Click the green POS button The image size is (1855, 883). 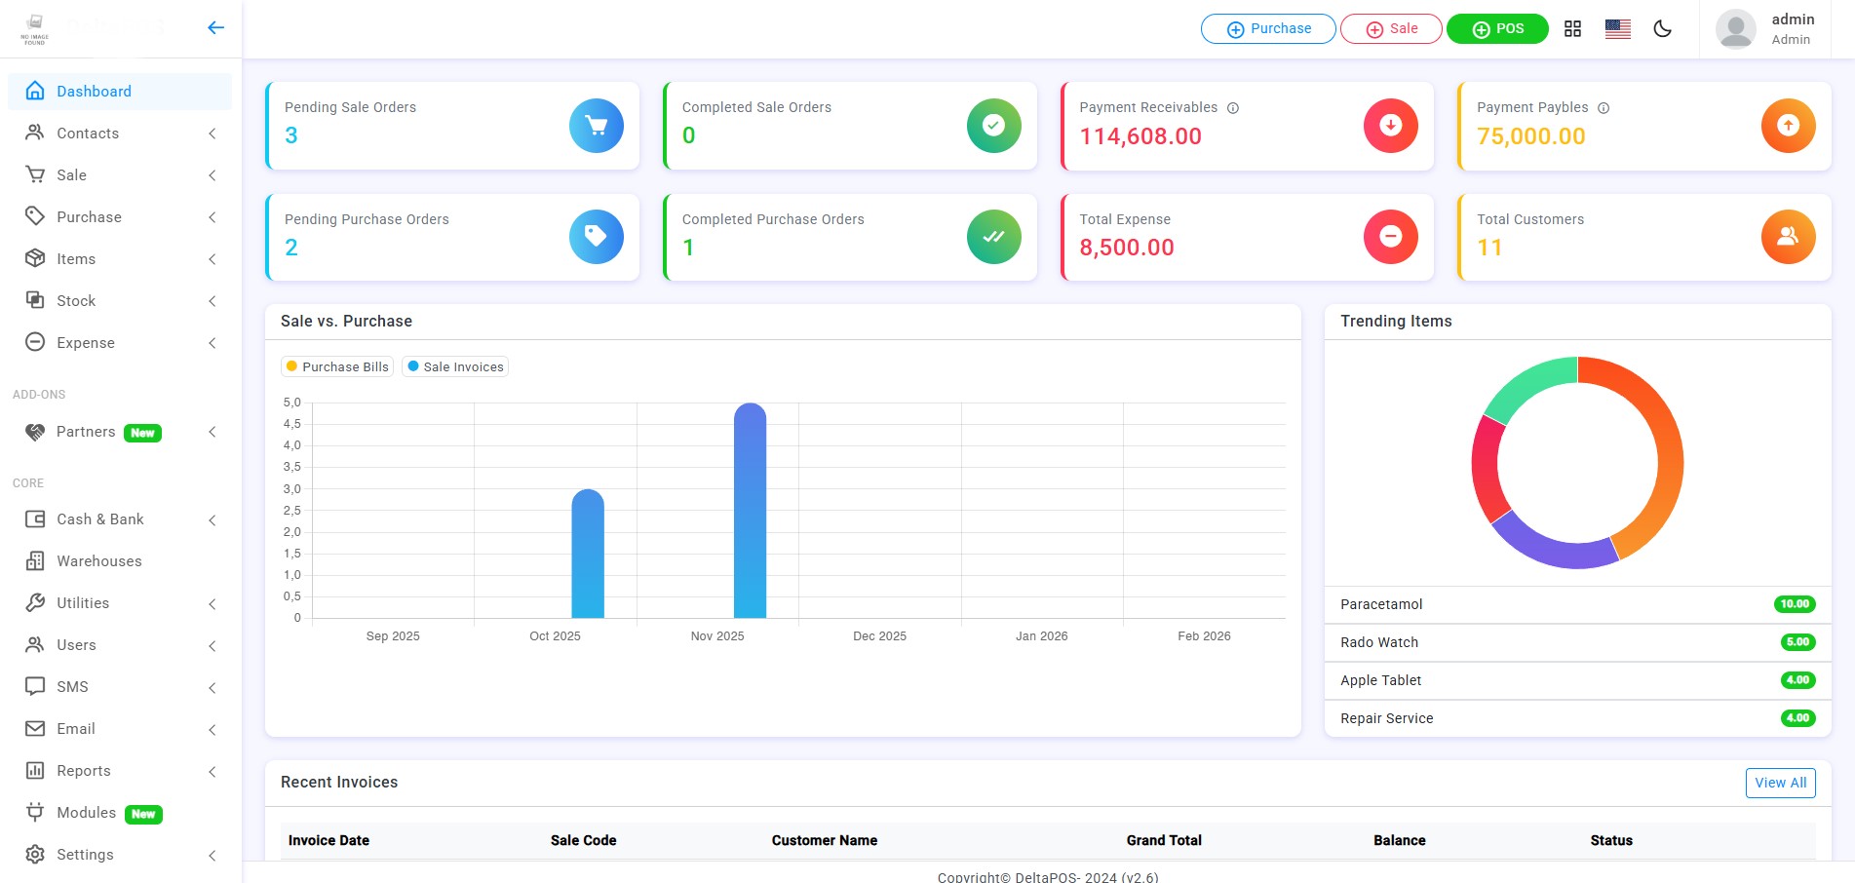[1496, 29]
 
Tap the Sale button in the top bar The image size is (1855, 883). [1391, 29]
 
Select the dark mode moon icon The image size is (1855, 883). [1663, 29]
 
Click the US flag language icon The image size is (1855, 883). [1618, 29]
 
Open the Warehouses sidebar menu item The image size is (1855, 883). [98, 561]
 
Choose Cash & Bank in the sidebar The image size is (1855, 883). [99, 519]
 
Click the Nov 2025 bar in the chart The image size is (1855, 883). [750, 511]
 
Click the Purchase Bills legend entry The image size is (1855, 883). [337, 366]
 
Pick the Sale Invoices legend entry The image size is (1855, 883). [456, 366]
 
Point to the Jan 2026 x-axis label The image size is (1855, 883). [1041, 636]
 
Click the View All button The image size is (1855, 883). [1780, 783]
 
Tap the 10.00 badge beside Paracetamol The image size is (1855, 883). [1795, 604]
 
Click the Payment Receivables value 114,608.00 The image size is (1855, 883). [1140, 136]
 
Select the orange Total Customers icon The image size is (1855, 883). [1788, 237]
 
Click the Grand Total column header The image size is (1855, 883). [1164, 840]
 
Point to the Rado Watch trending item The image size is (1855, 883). [1379, 642]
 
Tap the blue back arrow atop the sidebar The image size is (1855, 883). [216, 27]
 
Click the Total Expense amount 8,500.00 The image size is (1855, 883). [1127, 248]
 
